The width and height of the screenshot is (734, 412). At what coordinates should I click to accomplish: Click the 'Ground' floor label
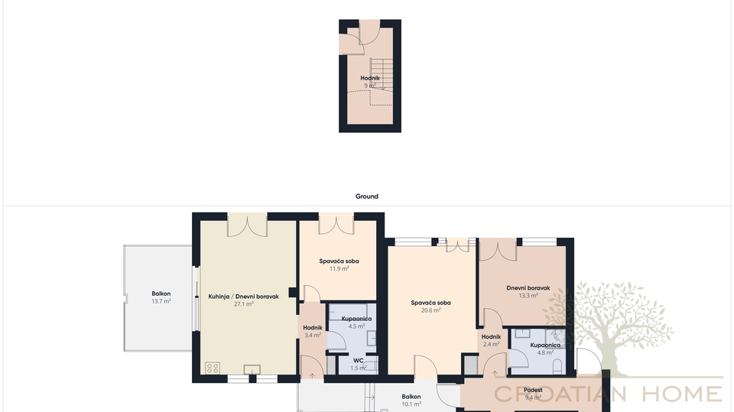366,196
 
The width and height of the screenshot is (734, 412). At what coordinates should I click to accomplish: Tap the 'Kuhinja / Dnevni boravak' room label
243,297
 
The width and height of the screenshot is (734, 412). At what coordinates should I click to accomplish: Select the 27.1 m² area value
243,304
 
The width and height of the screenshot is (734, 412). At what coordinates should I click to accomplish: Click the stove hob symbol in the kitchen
213,368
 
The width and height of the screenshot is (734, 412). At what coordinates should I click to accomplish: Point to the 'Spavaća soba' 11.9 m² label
339,261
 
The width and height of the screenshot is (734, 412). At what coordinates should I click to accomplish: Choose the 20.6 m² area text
430,310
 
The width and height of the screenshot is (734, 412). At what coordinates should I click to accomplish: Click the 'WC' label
358,361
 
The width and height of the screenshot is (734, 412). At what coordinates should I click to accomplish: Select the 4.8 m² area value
545,352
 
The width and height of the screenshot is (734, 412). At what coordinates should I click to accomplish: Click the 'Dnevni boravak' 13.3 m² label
528,288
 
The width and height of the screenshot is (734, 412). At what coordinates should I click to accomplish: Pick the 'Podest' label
533,390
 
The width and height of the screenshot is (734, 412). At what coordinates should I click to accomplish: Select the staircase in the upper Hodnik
380,73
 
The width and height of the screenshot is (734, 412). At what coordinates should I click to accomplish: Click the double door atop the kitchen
247,225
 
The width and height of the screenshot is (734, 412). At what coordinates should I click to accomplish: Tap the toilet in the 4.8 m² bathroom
557,366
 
